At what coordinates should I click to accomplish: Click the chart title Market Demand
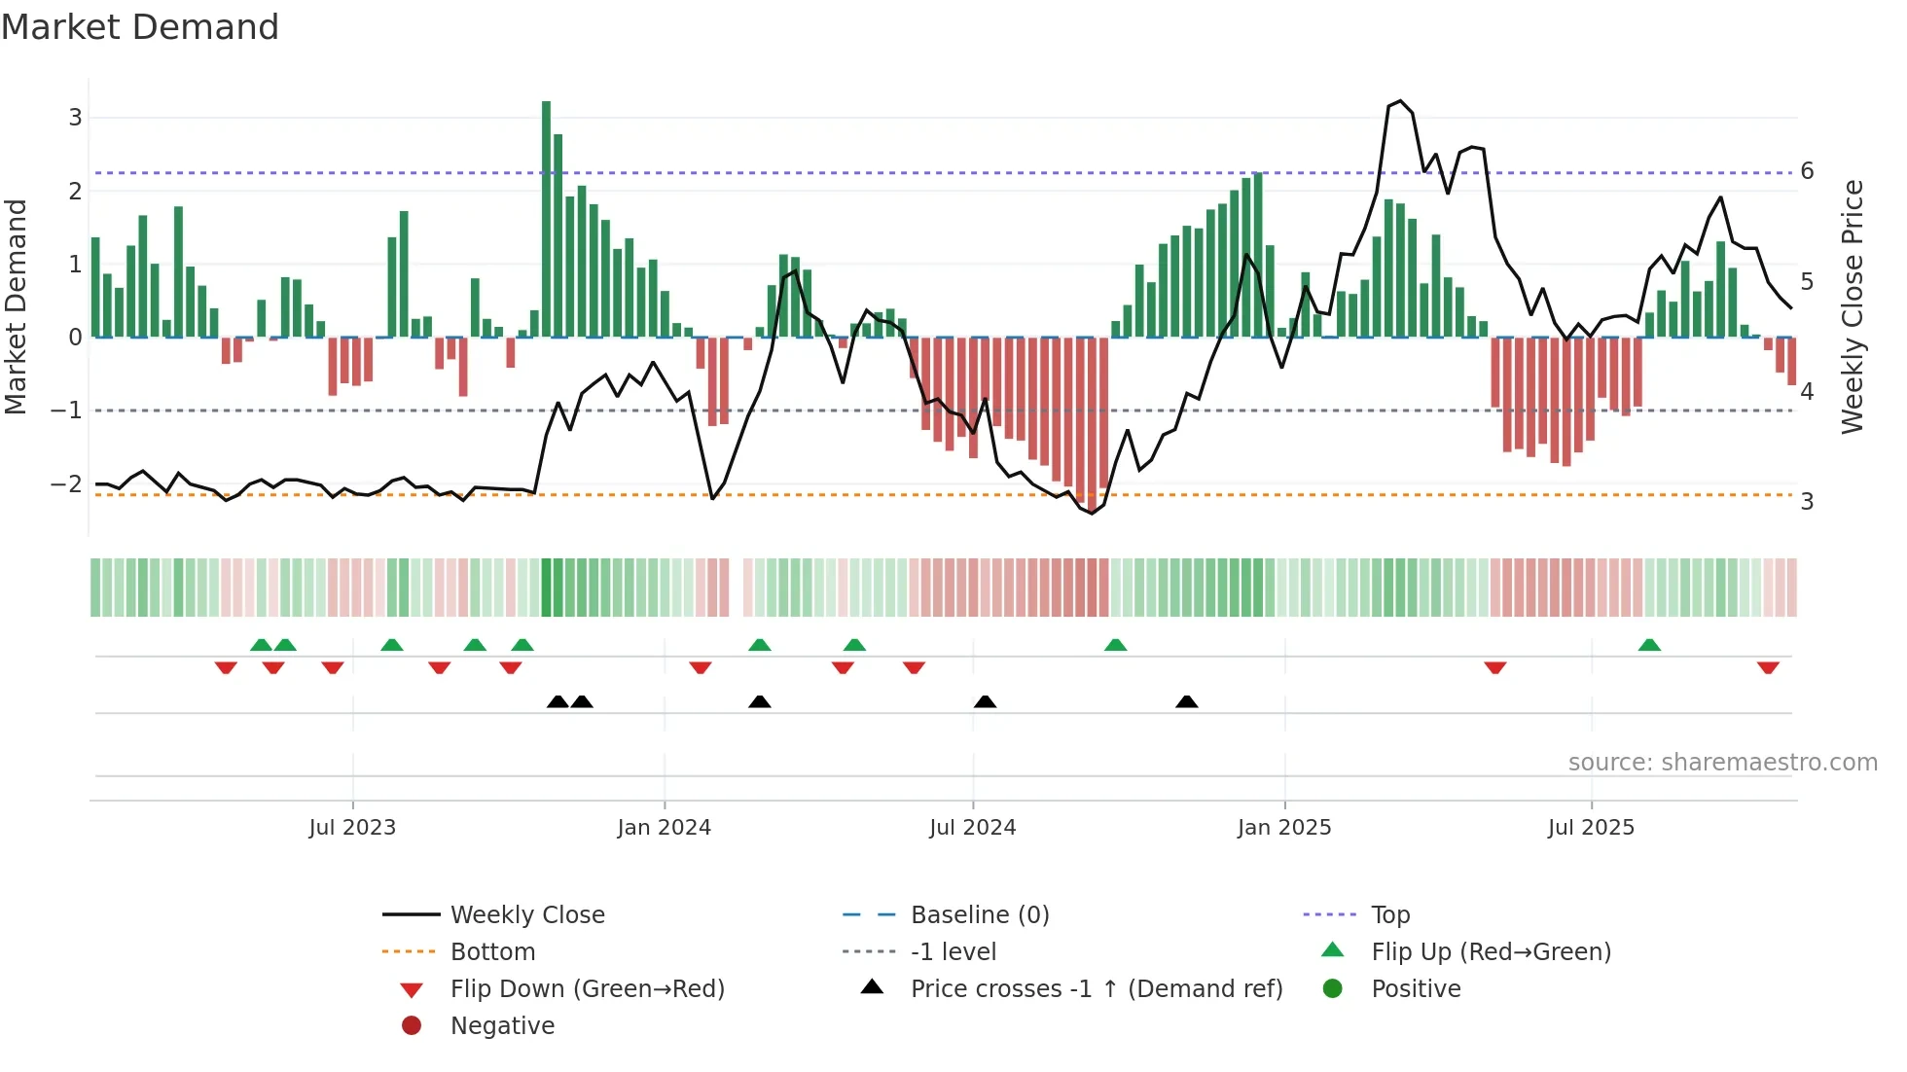(140, 27)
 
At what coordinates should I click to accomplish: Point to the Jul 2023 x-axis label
(352, 828)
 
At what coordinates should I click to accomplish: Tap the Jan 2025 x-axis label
(1284, 828)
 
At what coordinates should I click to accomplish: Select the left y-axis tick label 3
(75, 118)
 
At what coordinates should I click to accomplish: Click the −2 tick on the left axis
(66, 484)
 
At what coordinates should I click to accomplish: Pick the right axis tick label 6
(1807, 171)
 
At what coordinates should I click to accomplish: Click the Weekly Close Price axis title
(1853, 306)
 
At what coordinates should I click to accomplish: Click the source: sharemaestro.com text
(1722, 763)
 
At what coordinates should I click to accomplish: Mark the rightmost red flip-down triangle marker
(1768, 668)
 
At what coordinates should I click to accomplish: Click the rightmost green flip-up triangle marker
(1649, 645)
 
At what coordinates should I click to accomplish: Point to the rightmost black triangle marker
(1186, 701)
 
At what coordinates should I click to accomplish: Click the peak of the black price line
(1400, 101)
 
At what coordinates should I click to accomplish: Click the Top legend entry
(1390, 915)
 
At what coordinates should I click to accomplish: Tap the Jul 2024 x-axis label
(972, 828)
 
